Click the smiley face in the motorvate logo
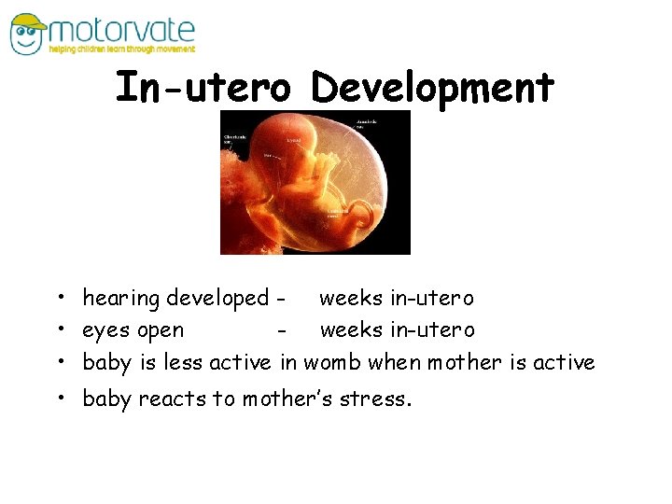[x=27, y=38]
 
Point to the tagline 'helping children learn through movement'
[x=122, y=49]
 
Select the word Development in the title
[x=432, y=88]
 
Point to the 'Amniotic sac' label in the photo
[x=367, y=123]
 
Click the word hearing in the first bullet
[x=121, y=299]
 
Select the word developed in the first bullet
[x=217, y=299]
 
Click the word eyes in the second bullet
[x=106, y=330]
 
